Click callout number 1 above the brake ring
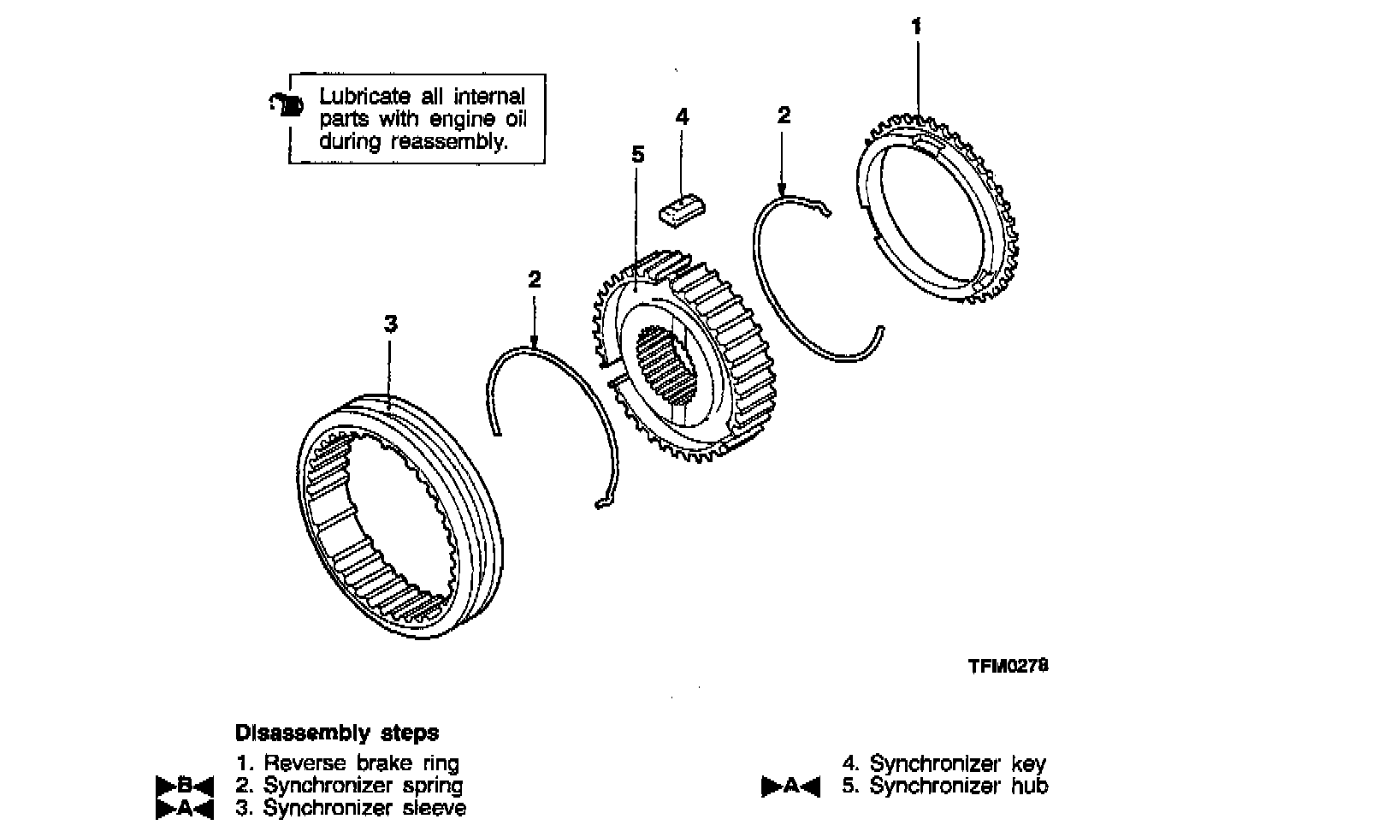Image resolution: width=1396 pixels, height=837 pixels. coord(916,27)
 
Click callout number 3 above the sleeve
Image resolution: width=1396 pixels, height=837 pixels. coord(390,324)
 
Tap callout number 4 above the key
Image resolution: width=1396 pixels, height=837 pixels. coord(682,116)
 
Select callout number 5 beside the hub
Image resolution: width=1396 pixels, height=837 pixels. coord(637,155)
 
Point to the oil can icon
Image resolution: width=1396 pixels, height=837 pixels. coord(287,104)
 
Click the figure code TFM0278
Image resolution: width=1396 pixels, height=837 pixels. coord(1009,666)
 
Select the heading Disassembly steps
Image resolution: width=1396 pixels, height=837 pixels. coord(336,733)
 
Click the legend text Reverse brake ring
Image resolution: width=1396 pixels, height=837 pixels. coord(361,763)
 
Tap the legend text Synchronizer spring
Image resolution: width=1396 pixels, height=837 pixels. coord(363,785)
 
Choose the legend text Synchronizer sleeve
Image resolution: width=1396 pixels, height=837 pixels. coord(364,807)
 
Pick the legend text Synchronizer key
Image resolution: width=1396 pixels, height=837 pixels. coord(957,763)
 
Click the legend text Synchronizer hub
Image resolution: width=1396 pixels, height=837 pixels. coord(958,785)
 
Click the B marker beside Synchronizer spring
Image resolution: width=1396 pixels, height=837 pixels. coord(184,785)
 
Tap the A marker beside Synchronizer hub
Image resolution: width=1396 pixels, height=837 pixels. coord(790,786)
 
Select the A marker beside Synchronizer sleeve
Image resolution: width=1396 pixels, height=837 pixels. coord(184,807)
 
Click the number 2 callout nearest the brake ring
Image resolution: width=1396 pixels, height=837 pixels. coord(784,116)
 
